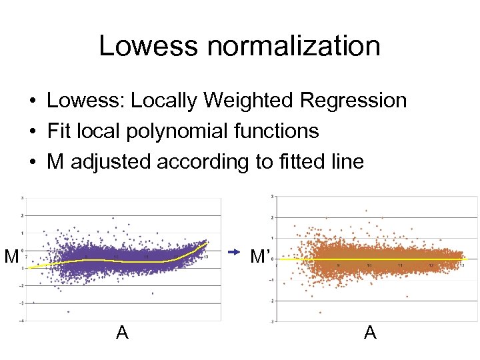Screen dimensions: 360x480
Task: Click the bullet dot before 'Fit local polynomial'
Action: click(32, 131)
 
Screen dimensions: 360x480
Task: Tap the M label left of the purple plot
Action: click(11, 256)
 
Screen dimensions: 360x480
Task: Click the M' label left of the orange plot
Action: click(259, 256)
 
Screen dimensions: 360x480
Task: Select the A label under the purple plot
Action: click(122, 332)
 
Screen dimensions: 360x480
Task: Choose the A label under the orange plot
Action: click(370, 332)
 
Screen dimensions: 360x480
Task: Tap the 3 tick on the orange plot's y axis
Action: click(271, 196)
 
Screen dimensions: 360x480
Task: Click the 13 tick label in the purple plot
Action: click(206, 257)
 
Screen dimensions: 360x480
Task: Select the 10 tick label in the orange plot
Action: click(369, 265)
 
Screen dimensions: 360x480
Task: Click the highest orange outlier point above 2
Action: click(366, 211)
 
